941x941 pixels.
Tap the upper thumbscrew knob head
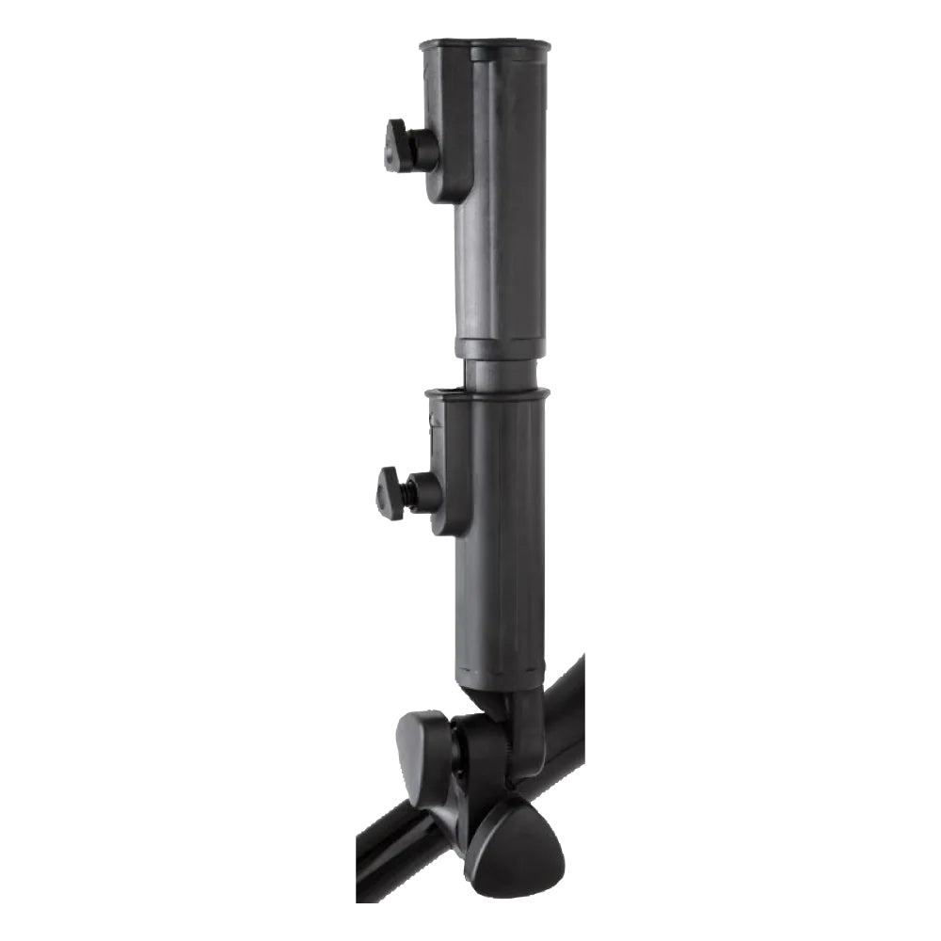(399, 147)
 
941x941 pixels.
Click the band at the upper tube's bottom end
(500, 345)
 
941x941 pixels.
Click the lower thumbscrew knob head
(391, 492)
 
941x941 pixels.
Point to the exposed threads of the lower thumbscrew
(410, 492)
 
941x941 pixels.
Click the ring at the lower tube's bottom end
(500, 674)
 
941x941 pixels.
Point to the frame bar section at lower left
(395, 856)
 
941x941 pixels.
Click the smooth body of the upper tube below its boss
(500, 273)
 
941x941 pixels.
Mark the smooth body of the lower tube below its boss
(500, 602)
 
